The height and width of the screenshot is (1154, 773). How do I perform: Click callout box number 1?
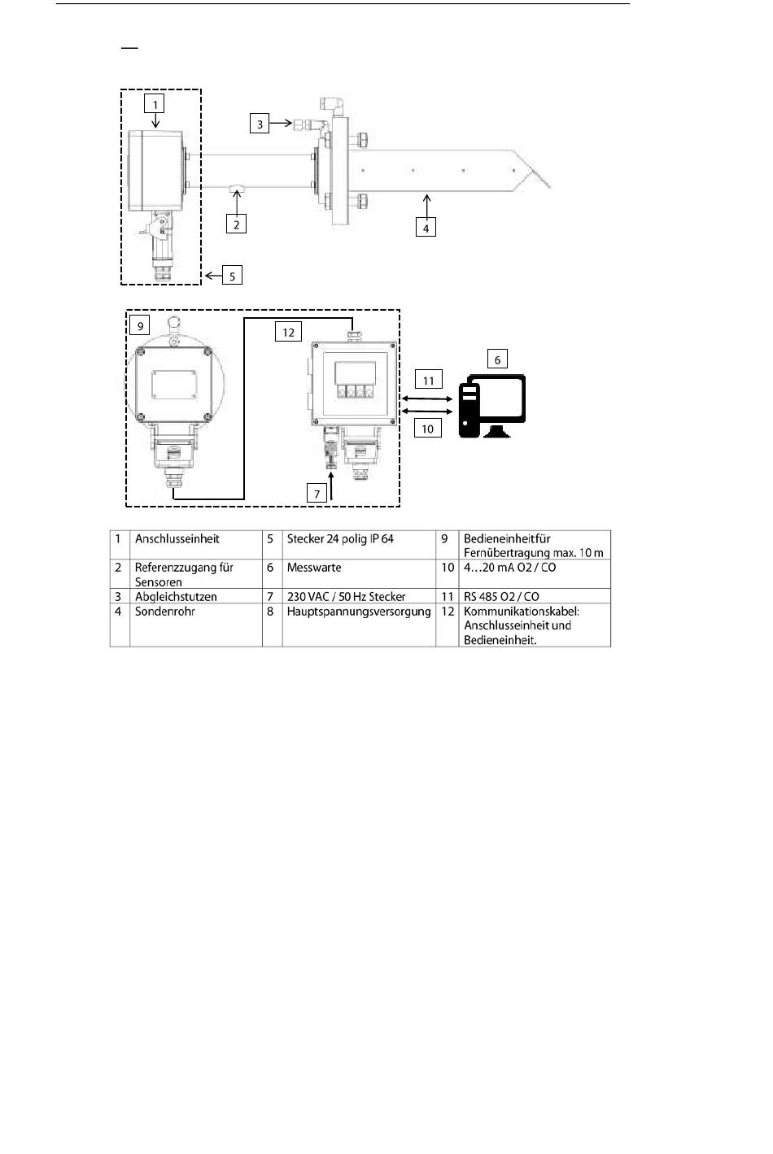pos(154,103)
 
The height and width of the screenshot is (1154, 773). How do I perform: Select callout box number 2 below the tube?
pos(236,224)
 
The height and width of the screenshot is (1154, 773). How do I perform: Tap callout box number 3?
pos(260,124)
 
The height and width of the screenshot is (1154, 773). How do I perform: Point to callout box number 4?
pos(426,228)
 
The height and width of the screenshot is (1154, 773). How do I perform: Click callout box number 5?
pos(232,276)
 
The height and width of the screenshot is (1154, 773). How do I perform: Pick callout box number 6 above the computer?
pos(497,359)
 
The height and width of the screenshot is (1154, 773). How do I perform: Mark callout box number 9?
pos(140,326)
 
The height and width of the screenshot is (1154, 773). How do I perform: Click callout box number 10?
pos(428,428)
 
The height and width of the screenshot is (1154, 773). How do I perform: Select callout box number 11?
pos(428,379)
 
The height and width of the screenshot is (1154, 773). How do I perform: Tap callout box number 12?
pos(289,332)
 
